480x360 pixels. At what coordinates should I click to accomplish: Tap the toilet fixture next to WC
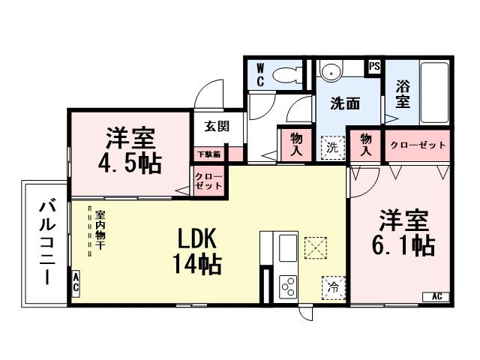(x=284, y=75)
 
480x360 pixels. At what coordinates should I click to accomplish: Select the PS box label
(x=373, y=67)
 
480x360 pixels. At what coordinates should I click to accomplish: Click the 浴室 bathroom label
(x=402, y=94)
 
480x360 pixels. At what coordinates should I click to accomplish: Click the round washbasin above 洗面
(x=330, y=71)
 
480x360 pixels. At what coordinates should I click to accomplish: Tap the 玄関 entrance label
(x=208, y=126)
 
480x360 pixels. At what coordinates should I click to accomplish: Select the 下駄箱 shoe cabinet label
(x=208, y=154)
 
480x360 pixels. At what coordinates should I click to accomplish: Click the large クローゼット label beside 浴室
(x=418, y=144)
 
